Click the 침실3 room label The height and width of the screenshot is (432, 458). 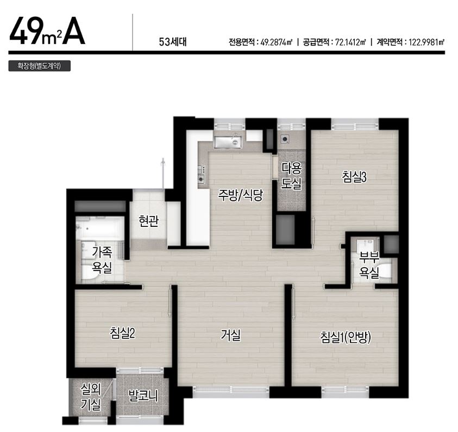tap(354, 177)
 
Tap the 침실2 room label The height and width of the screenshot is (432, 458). tap(122, 333)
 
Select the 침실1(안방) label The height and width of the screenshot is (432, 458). tap(346, 337)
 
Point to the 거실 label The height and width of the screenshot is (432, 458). tap(230, 335)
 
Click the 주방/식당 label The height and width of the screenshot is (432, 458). tap(241, 195)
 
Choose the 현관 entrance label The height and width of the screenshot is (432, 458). tap(149, 221)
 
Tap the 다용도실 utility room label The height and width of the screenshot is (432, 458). tap(291, 175)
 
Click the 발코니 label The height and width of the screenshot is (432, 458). tap(143, 396)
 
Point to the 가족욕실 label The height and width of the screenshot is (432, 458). tap(102, 260)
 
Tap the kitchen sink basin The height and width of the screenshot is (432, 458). tap(227, 142)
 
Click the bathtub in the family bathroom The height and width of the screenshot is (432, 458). tap(100, 227)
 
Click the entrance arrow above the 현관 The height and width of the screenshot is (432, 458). tap(164, 174)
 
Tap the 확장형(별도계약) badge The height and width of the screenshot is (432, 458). tap(40, 66)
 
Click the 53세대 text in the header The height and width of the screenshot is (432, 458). tap(173, 42)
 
